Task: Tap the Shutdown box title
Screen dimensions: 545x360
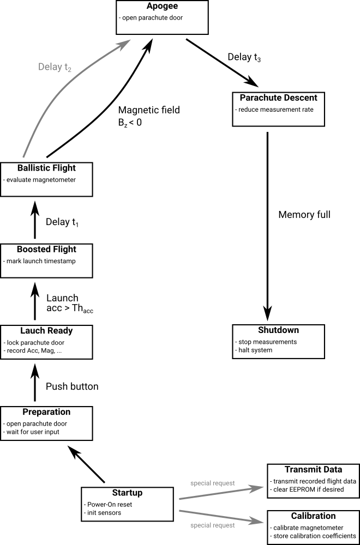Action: point(278,330)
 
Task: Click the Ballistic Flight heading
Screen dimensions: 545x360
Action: point(46,167)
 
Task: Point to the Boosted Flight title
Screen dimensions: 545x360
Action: point(46,249)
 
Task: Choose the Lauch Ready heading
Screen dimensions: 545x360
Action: point(46,331)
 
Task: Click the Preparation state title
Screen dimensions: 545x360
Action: point(46,412)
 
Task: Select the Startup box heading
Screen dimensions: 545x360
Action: point(127,493)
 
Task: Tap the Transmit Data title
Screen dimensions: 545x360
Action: point(313,469)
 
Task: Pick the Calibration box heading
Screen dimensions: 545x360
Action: point(313,516)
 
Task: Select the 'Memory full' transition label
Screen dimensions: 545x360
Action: point(304,215)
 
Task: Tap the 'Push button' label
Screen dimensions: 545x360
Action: point(72,386)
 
